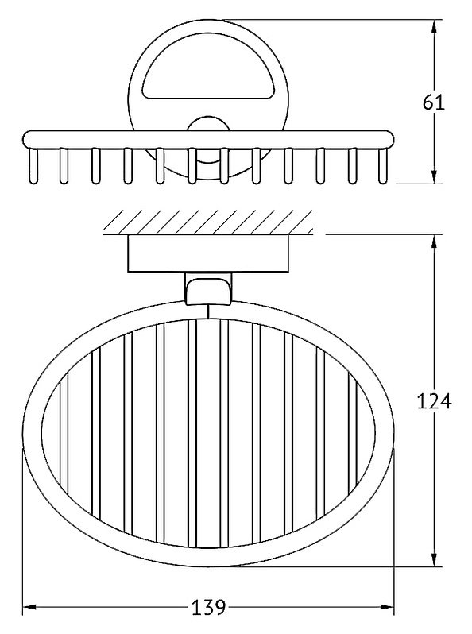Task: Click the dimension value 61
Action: click(x=434, y=102)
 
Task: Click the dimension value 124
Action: click(x=434, y=401)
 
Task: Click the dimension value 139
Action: click(x=208, y=607)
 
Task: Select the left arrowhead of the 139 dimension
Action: click(x=30, y=607)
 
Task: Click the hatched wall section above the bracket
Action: click(x=208, y=222)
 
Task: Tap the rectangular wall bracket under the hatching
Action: click(x=208, y=253)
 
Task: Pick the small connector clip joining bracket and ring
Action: click(x=208, y=288)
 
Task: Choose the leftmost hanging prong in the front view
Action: click(x=33, y=166)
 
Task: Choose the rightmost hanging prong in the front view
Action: click(x=382, y=166)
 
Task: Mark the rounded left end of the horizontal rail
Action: click(x=29, y=139)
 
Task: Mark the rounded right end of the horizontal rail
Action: click(x=387, y=139)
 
